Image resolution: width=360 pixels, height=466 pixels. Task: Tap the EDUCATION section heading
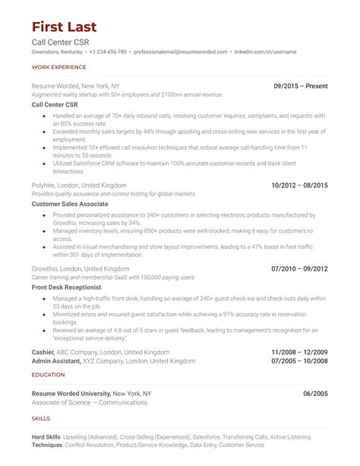pyautogui.click(x=48, y=375)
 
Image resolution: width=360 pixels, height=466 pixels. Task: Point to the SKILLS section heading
pyautogui.click(x=41, y=419)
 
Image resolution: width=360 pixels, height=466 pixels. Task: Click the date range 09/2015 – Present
pyautogui.click(x=301, y=86)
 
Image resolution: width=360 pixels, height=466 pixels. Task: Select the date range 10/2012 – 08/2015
pyautogui.click(x=299, y=185)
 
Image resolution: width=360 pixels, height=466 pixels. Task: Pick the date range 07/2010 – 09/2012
pyautogui.click(x=299, y=268)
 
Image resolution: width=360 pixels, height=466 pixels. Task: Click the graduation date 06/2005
pyautogui.click(x=315, y=393)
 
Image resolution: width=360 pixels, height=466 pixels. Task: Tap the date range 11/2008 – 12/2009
pyautogui.click(x=299, y=353)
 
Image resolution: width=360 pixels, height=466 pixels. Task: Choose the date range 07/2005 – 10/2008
pyautogui.click(x=299, y=361)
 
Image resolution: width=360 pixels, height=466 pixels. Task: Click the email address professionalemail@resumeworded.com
pyautogui.click(x=181, y=52)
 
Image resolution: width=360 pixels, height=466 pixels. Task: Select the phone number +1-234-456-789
pyautogui.click(x=107, y=52)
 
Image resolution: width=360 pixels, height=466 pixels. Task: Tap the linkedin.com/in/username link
pyautogui.click(x=265, y=52)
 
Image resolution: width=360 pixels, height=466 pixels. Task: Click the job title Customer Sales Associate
pyautogui.click(x=70, y=204)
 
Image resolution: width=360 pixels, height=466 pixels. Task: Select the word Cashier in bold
pyautogui.click(x=43, y=353)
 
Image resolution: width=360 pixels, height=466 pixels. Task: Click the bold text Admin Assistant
pyautogui.click(x=56, y=361)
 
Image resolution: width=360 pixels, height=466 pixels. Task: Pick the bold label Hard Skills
pyautogui.click(x=47, y=437)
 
